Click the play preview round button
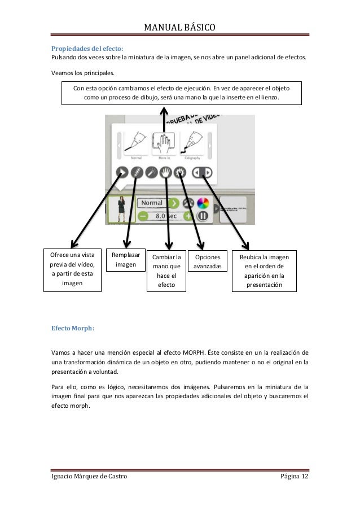click(121, 173)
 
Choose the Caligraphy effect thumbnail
click(194, 145)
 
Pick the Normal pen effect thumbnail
click(136, 145)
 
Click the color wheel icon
click(203, 203)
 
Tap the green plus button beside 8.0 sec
click(187, 216)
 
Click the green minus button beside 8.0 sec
click(143, 216)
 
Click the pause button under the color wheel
click(203, 216)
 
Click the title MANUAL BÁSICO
click(180, 27)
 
